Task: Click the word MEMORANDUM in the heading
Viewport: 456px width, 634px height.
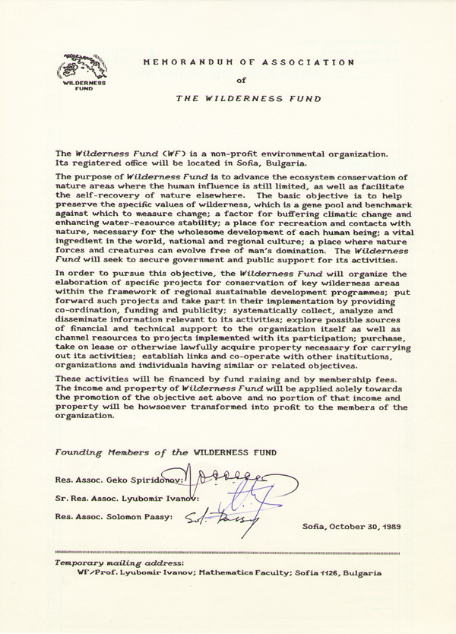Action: pyautogui.click(x=179, y=63)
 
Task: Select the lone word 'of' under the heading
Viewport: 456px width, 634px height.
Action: pyautogui.click(x=242, y=80)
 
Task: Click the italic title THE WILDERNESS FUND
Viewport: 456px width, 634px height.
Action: pyautogui.click(x=249, y=99)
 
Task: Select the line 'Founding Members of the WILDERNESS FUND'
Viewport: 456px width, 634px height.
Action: pyautogui.click(x=166, y=452)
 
